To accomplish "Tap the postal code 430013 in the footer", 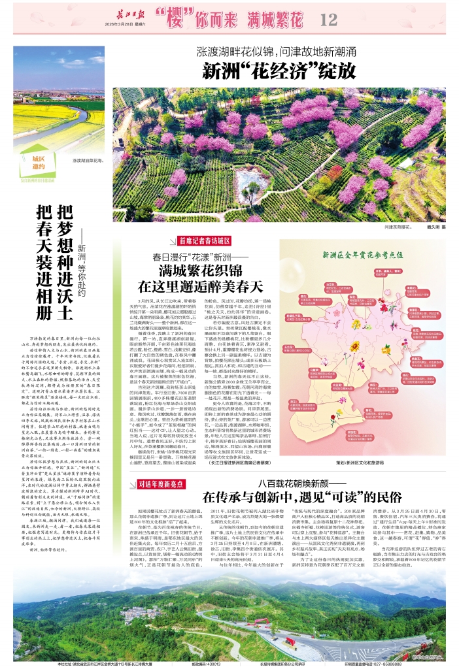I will (209, 664).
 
